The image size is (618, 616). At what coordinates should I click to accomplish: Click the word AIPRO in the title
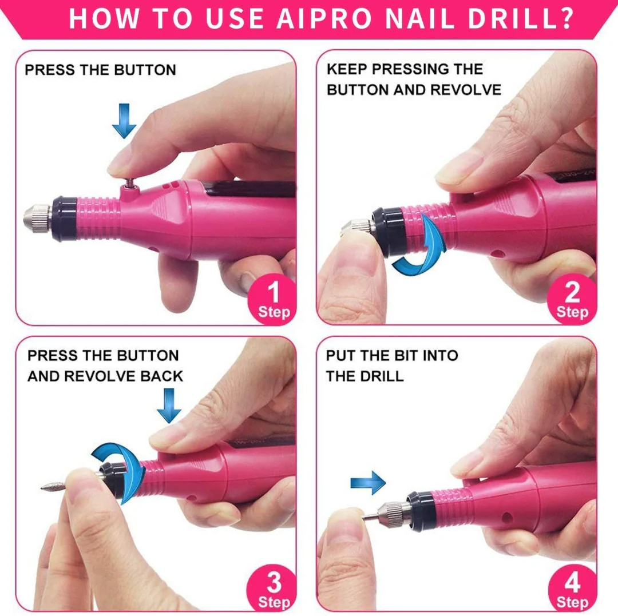(324, 18)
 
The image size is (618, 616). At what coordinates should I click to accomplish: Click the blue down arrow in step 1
(124, 121)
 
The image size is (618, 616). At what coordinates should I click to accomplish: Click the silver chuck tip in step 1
(37, 218)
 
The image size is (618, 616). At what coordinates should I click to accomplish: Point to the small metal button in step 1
(129, 183)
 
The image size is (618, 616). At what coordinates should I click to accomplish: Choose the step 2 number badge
(572, 299)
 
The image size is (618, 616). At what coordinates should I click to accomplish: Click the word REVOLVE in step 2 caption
(466, 90)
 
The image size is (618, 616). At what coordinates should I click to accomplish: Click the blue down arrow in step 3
(169, 406)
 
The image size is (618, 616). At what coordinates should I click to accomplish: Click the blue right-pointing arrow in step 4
(368, 483)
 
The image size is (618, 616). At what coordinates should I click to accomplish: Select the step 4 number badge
(572, 589)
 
